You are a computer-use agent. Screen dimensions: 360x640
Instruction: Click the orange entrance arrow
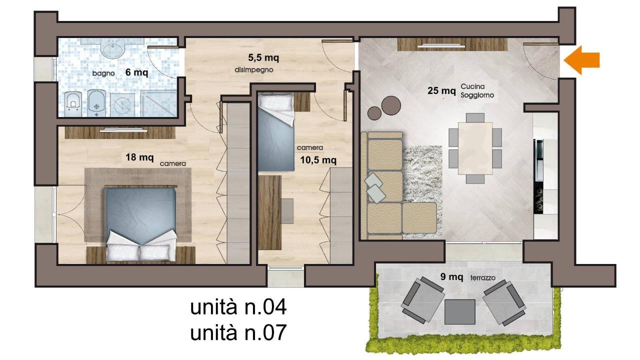click(x=582, y=60)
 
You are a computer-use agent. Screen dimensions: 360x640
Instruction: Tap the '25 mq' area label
click(x=441, y=90)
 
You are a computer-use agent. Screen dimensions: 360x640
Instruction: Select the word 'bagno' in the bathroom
click(x=103, y=73)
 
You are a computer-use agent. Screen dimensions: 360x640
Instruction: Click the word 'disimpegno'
click(x=253, y=69)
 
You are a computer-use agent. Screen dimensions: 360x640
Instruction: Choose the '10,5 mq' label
click(x=318, y=160)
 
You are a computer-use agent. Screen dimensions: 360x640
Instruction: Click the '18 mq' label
click(x=139, y=157)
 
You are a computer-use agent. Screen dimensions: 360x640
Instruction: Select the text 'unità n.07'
click(x=238, y=332)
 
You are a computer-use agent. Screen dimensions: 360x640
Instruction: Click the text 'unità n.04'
click(x=238, y=307)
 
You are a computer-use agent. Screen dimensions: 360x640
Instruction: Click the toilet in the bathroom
click(x=73, y=103)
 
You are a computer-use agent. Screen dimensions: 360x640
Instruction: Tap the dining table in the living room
click(x=475, y=148)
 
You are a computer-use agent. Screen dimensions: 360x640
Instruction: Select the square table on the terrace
click(x=460, y=311)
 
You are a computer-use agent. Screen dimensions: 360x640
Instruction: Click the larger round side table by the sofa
click(x=391, y=104)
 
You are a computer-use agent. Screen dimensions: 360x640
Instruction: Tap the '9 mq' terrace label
click(x=450, y=276)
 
